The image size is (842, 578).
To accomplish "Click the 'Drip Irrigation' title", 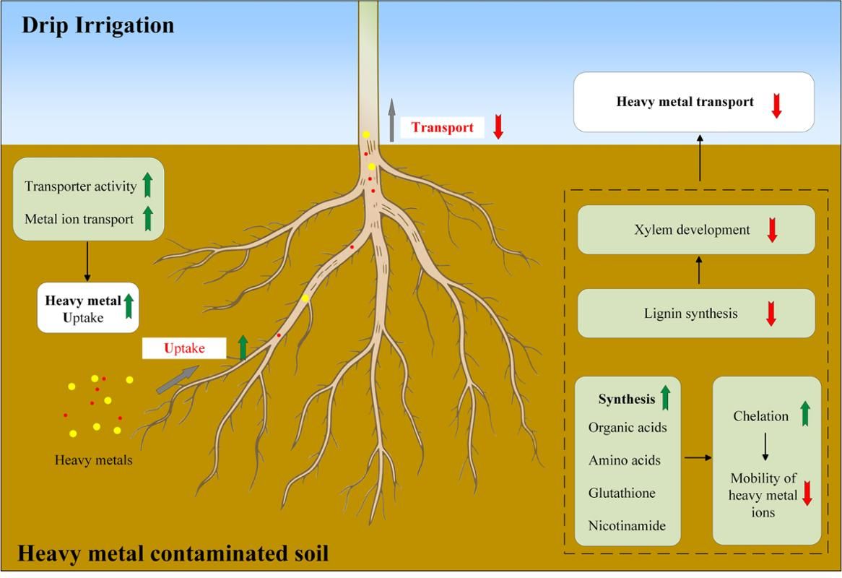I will pos(97,26).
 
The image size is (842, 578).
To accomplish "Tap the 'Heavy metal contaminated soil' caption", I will pos(173,554).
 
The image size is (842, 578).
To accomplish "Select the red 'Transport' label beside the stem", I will pos(442,128).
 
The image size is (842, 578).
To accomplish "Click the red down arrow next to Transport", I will pos(498,126).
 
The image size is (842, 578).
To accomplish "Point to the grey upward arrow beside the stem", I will pos(392,120).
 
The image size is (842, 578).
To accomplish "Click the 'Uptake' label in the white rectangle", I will pos(184,348).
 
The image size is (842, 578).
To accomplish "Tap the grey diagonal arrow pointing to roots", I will pos(178,379).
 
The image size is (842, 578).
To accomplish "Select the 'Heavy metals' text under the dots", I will pos(93,460).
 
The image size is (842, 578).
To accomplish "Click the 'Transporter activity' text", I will pos(80,186).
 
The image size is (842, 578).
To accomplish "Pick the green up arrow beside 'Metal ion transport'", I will pos(147,218).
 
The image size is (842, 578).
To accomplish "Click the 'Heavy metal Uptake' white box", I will pos(88,308).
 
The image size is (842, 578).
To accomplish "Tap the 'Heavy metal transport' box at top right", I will pos(693,102).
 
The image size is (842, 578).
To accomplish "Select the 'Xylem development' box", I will pos(696,230).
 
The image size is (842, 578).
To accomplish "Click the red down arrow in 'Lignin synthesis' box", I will pos(771,314).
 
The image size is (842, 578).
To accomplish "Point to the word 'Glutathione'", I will pos(622,493).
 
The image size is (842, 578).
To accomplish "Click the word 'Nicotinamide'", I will pos(627,525).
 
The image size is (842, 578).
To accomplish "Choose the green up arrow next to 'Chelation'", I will pos(805,414).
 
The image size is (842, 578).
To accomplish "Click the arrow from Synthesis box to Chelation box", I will pos(697,457).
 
